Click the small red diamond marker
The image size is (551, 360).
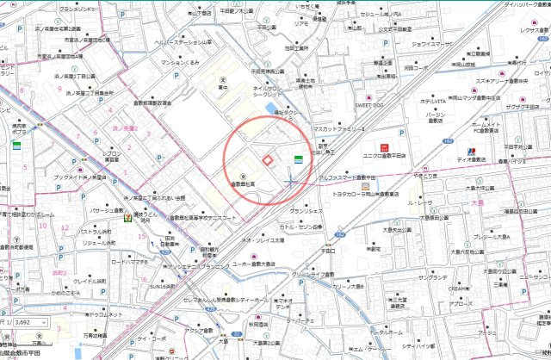[x=268, y=159]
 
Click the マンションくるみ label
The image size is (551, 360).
[x=179, y=64]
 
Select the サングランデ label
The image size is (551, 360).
[x=430, y=279]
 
